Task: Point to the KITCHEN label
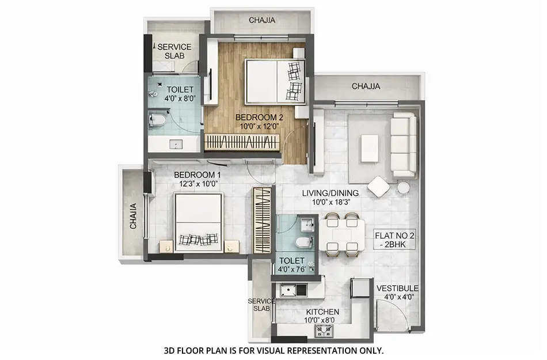(322, 312)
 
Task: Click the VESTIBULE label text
(397, 289)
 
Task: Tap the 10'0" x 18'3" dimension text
(331, 203)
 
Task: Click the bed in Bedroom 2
(275, 80)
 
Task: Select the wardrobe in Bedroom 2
(242, 142)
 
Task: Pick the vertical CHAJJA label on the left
(133, 215)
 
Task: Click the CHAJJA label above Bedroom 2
(262, 20)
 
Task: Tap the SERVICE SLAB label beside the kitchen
(261, 305)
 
